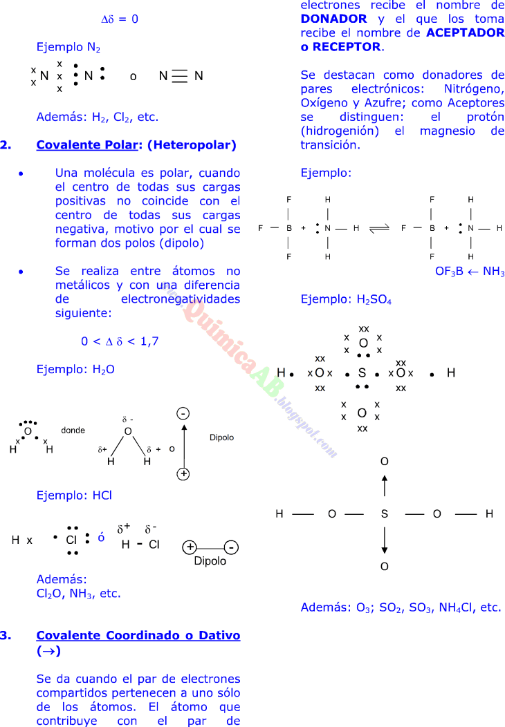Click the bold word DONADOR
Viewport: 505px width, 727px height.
click(333, 19)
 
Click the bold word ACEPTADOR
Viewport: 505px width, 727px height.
click(466, 33)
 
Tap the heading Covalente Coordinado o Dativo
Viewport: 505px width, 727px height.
click(138, 635)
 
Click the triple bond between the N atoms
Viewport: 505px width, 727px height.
click(180, 77)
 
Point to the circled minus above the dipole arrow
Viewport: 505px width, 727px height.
click(183, 413)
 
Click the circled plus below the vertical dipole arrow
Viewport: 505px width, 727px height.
click(183, 473)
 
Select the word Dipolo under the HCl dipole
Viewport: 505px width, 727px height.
click(210, 561)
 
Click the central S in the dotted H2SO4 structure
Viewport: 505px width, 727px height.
click(362, 373)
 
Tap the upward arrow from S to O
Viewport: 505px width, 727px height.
click(385, 485)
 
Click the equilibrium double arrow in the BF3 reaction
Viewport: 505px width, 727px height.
click(378, 228)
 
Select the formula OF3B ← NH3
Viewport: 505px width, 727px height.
click(470, 272)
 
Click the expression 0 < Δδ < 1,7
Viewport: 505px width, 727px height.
click(120, 341)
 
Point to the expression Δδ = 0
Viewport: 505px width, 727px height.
click(120, 19)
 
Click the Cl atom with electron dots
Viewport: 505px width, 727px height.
click(71, 540)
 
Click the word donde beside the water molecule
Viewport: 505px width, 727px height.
click(73, 430)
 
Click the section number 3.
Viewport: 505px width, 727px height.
click(6, 635)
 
